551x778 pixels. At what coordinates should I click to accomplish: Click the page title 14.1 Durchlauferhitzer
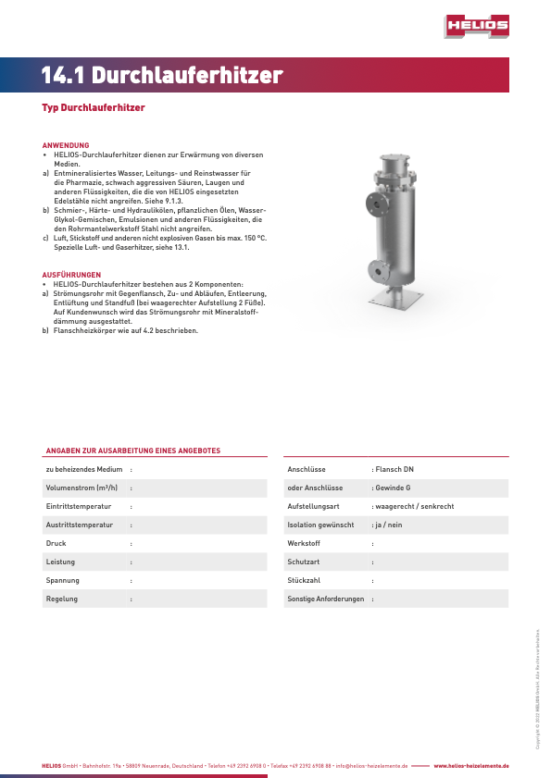162,76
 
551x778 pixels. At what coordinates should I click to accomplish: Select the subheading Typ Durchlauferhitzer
94,108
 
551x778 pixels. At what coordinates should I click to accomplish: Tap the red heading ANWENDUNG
66,145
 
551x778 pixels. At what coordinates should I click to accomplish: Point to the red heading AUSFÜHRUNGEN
71,275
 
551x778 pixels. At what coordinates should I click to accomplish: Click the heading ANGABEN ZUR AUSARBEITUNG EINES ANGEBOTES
133,451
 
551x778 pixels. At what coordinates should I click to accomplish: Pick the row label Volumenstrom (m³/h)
81,488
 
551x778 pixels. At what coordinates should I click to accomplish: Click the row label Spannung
63,580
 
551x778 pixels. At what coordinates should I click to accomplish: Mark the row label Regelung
62,599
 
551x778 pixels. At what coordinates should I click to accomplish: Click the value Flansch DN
394,469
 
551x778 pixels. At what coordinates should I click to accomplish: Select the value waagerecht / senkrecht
414,506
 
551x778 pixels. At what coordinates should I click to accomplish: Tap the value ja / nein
389,525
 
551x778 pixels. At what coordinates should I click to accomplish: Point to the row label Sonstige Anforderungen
326,599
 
